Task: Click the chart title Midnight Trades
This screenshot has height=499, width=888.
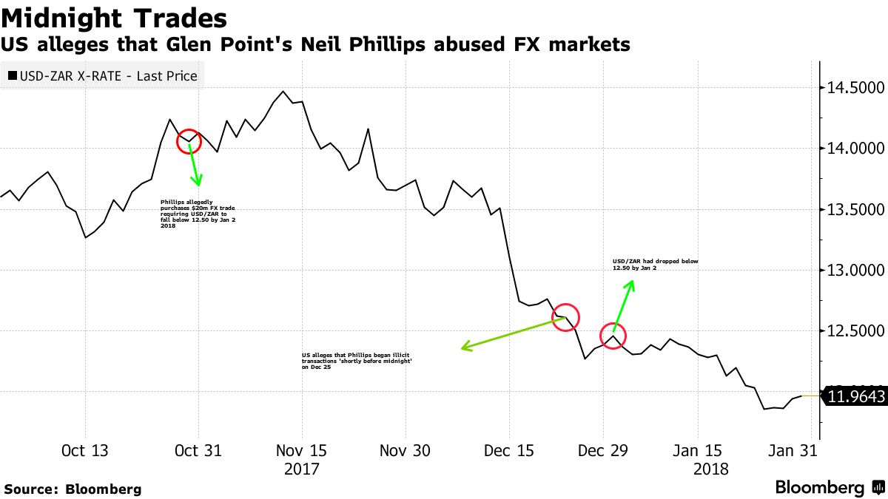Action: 114,17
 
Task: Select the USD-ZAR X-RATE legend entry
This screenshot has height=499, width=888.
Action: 101,75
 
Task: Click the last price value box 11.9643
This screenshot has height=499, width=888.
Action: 855,397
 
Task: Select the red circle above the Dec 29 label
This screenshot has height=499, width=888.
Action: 613,336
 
